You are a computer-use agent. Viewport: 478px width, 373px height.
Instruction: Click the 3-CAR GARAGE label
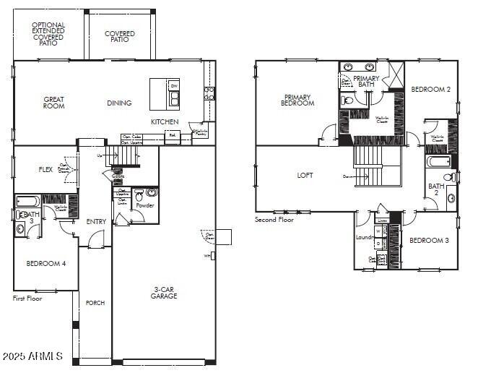click(x=164, y=293)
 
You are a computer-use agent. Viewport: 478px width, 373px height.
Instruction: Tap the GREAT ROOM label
click(x=54, y=103)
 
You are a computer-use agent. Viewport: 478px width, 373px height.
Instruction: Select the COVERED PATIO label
click(x=120, y=36)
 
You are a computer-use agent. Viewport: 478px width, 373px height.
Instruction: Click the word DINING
click(x=119, y=103)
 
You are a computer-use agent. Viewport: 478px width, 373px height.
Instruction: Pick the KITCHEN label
click(x=165, y=122)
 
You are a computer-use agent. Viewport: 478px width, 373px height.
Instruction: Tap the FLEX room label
click(x=45, y=170)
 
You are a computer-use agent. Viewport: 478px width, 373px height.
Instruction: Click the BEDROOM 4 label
click(x=46, y=264)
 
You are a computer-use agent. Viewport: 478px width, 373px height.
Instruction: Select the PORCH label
click(x=95, y=303)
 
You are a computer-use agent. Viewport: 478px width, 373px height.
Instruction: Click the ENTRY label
click(x=96, y=222)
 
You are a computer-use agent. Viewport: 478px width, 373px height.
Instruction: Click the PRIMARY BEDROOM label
click(x=297, y=100)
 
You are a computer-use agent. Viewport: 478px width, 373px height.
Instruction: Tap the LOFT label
click(x=305, y=176)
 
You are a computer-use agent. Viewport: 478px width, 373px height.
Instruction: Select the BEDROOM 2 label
click(x=430, y=90)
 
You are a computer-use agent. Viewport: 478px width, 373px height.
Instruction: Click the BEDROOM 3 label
click(x=429, y=241)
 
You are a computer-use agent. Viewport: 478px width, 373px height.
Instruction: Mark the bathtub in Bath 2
click(x=438, y=162)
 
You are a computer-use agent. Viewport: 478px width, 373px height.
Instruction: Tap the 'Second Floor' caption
click(x=274, y=220)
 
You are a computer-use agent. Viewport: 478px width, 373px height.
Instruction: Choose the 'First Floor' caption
click(x=27, y=298)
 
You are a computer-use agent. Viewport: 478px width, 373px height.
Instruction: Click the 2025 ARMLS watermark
click(x=32, y=357)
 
